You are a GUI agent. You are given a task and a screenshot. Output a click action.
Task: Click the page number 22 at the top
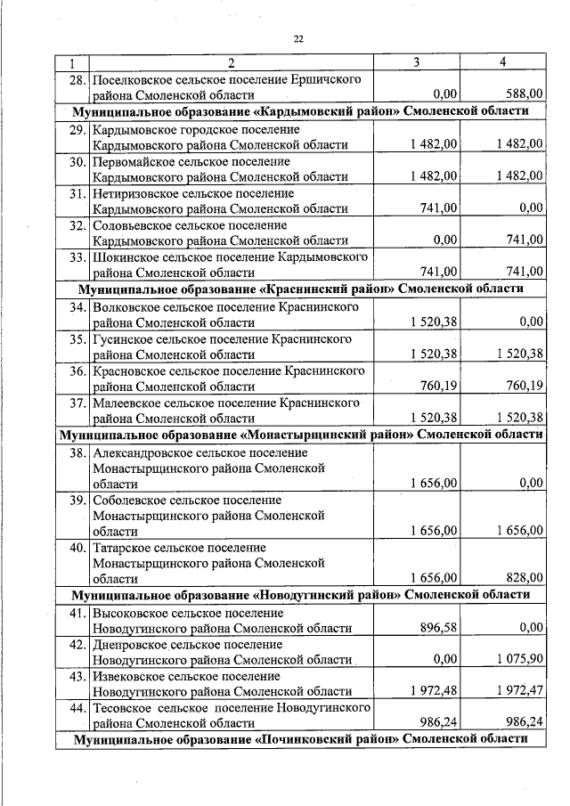pos(298,37)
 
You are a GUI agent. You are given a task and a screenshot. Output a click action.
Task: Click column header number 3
pos(417,62)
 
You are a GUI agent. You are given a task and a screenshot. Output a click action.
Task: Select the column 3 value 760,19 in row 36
pos(438,386)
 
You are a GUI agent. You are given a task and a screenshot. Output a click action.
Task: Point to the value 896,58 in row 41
pos(438,627)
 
